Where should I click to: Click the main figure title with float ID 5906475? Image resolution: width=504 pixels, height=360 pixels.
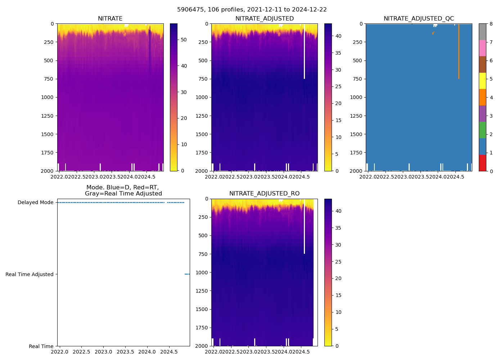(x=252, y=10)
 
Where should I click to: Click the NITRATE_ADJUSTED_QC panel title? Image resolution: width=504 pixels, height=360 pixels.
(x=419, y=19)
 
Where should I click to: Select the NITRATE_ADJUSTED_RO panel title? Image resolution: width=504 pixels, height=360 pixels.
(x=264, y=194)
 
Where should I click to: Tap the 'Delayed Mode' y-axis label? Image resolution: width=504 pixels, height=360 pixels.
(x=35, y=202)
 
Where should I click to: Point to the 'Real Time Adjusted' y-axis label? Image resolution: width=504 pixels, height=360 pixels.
(x=30, y=274)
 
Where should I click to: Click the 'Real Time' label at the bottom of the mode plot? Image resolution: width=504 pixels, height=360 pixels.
(x=41, y=346)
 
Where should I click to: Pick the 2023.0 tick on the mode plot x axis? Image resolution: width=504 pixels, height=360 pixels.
(x=104, y=352)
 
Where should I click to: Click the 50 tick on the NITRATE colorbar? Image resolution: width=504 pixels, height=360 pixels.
(x=184, y=40)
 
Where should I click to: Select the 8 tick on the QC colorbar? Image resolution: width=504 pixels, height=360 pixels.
(x=491, y=24)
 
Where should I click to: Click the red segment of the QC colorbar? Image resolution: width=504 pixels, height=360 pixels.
(x=482, y=163)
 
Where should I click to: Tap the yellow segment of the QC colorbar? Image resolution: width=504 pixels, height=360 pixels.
(x=482, y=81)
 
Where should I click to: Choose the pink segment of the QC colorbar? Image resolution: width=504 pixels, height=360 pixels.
(x=482, y=48)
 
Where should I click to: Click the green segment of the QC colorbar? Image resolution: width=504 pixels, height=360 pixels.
(x=482, y=130)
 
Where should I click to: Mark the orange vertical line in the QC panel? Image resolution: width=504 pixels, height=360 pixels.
(x=459, y=50)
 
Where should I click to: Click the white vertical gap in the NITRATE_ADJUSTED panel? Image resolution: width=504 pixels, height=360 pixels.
(x=304, y=50)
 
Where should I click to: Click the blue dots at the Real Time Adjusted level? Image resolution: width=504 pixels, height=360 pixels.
(x=187, y=274)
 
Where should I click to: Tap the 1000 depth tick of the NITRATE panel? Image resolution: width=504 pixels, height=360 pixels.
(x=48, y=97)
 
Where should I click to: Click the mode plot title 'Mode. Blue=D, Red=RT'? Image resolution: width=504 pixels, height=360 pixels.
(x=123, y=188)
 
